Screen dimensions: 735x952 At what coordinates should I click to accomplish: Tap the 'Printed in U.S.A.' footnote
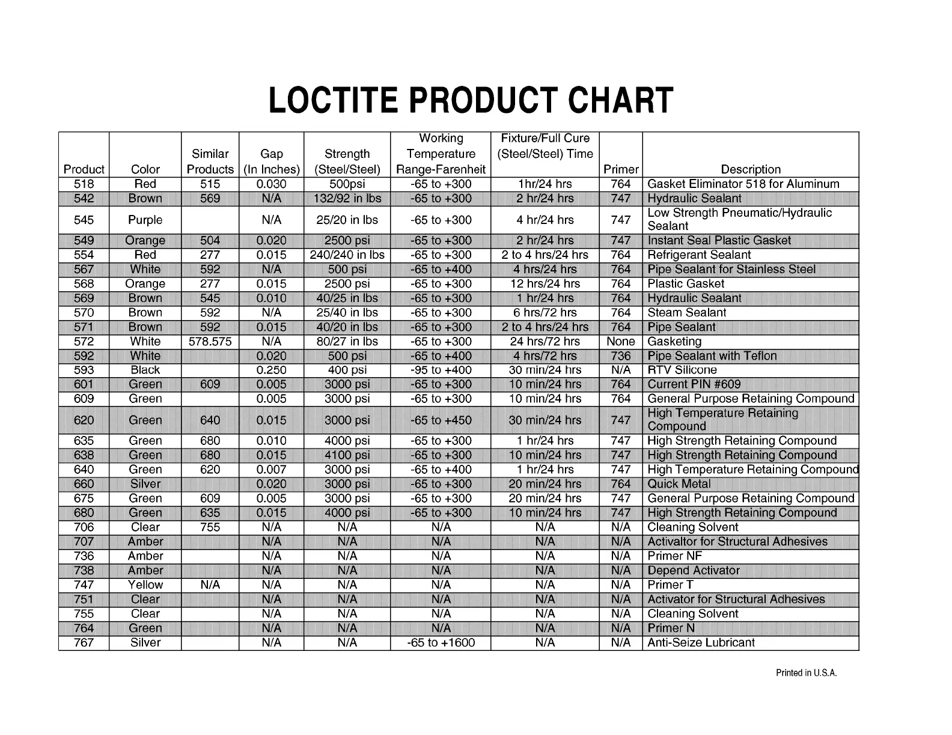(x=806, y=673)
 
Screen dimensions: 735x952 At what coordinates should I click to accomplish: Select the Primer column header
(x=621, y=169)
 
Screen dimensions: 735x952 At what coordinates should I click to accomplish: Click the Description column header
(x=751, y=169)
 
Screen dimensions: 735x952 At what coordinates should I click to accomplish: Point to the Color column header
(x=145, y=169)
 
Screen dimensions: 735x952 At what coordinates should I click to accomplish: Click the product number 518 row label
(x=84, y=184)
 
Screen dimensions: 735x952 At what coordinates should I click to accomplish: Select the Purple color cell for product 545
(x=145, y=220)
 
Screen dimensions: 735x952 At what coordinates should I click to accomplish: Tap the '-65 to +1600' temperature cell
(x=441, y=643)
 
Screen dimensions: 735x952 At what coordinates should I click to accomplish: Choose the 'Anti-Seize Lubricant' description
(x=701, y=643)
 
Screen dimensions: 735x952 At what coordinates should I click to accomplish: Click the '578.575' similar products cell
(x=210, y=342)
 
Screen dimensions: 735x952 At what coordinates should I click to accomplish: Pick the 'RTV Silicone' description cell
(x=682, y=370)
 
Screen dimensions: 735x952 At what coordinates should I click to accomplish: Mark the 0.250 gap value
(x=271, y=370)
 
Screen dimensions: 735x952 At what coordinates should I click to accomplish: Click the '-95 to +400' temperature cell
(x=441, y=370)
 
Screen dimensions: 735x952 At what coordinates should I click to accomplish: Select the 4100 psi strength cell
(x=347, y=455)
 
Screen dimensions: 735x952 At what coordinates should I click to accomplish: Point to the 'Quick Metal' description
(x=679, y=484)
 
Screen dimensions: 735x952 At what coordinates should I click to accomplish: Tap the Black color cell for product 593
(x=145, y=370)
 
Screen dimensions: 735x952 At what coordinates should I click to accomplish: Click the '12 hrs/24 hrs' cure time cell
(x=545, y=283)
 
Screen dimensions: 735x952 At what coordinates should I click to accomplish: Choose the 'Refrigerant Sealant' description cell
(x=699, y=255)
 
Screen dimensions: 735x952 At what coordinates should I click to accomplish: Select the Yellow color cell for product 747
(x=145, y=585)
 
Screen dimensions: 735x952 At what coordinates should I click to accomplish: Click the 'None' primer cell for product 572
(x=621, y=342)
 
